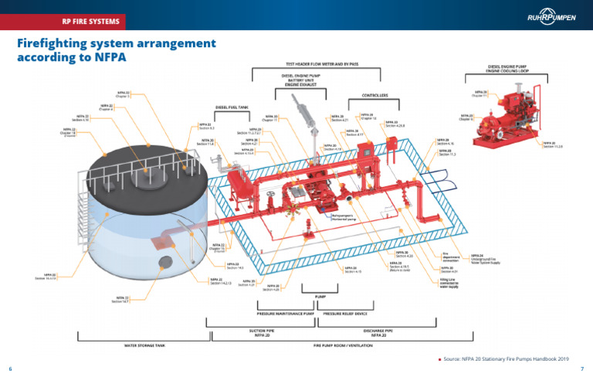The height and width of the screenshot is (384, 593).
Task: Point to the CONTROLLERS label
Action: (374, 96)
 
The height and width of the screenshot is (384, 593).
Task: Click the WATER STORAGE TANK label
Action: (144, 345)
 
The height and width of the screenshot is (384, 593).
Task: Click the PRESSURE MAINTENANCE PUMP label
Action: (285, 314)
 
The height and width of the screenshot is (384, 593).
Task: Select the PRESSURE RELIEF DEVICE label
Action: (344, 314)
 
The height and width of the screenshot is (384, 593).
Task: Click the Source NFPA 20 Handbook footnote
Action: (507, 359)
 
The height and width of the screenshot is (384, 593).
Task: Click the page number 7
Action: (581, 369)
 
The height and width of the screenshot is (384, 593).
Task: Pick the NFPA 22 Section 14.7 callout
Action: (122, 299)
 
